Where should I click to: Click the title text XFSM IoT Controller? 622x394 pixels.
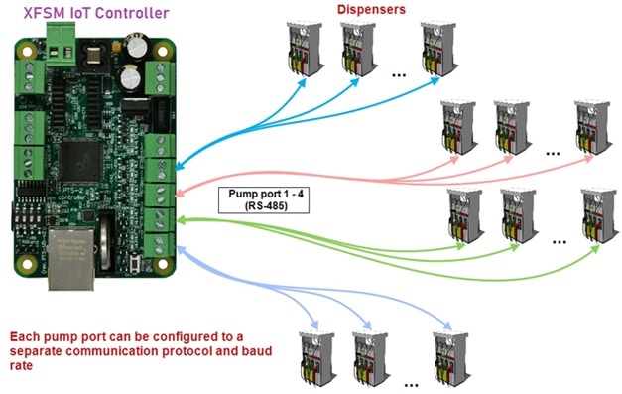pos(88,12)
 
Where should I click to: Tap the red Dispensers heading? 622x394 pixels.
pos(369,9)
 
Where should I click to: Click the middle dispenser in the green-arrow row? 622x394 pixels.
pos(519,214)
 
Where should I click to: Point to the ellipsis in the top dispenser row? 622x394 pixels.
pos(399,74)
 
